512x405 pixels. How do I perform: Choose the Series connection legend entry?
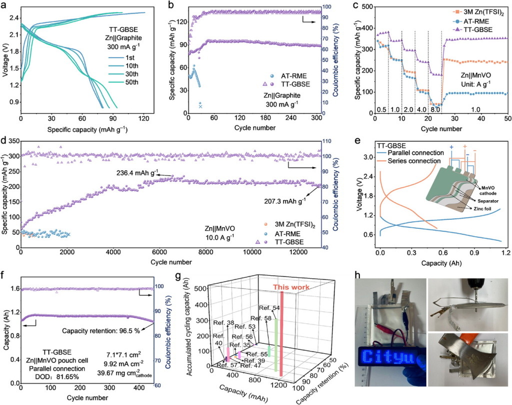414,161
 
